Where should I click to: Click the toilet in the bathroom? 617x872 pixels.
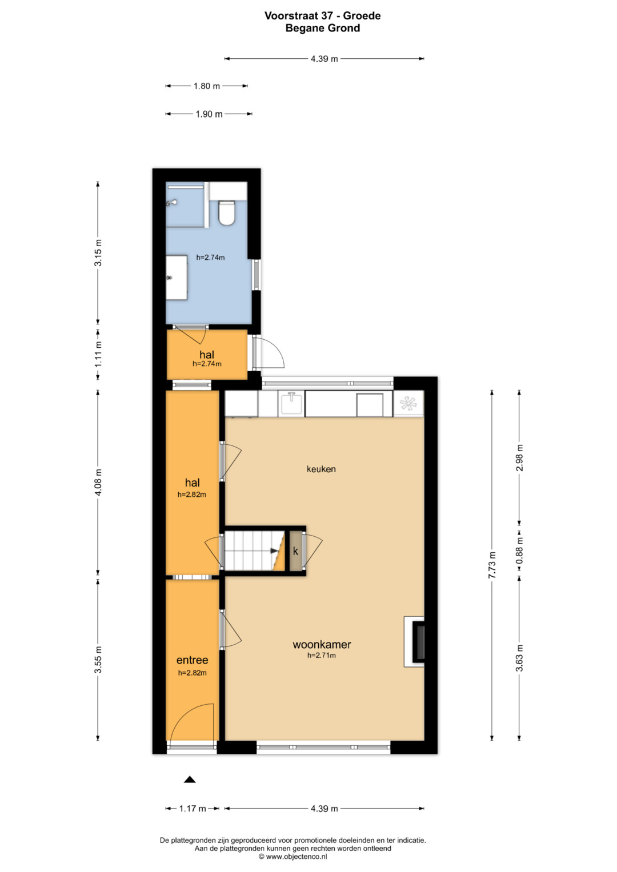coord(226,212)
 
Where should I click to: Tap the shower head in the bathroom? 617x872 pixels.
coord(171,203)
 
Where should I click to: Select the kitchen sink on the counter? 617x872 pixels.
coord(291,403)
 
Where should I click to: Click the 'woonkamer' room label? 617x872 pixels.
coord(322,644)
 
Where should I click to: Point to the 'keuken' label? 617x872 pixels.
coord(321,469)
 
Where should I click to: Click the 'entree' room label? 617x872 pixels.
coord(192,660)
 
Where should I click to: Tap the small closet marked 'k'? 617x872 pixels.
coord(296,551)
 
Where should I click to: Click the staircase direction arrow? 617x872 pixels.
coord(275,551)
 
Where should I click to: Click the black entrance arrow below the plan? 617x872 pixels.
coord(190,779)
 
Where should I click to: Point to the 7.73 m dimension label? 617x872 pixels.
coord(492,565)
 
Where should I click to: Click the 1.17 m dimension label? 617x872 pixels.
coord(193,809)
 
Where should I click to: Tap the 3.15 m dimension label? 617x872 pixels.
coord(98,252)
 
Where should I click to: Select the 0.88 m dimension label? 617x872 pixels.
coord(519,550)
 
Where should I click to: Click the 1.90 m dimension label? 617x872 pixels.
coord(209,114)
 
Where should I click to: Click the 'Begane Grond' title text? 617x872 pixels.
coord(323,28)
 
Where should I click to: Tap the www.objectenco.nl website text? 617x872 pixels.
coord(297,857)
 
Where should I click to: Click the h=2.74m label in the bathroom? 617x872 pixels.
coord(210,258)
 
